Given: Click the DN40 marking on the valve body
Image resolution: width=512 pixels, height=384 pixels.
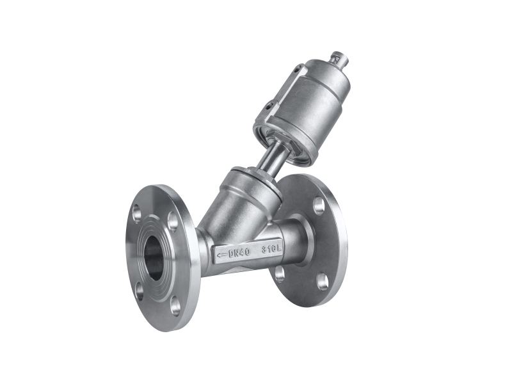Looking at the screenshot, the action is pos(239,252).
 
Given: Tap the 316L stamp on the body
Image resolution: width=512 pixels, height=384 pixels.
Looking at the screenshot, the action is pos(271,250).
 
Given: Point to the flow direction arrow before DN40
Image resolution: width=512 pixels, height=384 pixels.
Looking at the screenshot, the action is pos(221,254).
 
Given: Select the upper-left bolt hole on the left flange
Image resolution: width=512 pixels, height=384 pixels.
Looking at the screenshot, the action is pos(137,213).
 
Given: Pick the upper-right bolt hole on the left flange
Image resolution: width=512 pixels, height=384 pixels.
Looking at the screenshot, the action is pos(172,221).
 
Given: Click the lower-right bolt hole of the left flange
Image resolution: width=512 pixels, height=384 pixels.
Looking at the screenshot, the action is pos(175,305).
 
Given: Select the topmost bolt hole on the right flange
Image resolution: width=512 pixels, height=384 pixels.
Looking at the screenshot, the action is pos(319,205).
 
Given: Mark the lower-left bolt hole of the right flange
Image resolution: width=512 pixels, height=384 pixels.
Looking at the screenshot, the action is pos(278,273).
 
